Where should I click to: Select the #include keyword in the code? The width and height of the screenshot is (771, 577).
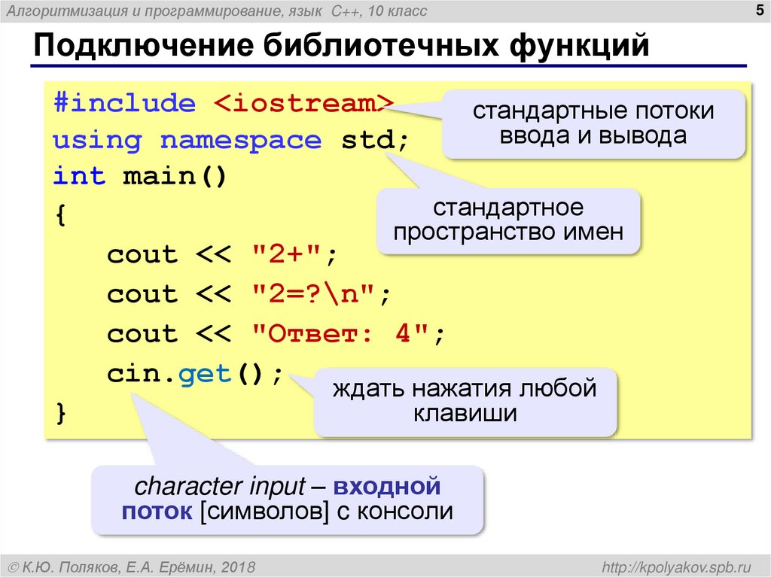[124, 103]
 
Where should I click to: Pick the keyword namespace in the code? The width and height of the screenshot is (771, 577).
[241, 140]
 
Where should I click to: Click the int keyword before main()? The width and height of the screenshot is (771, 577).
[79, 177]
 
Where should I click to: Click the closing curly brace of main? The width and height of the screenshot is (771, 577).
[60, 413]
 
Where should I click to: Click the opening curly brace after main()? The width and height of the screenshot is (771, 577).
[60, 216]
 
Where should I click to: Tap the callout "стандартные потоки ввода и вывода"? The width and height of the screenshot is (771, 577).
[593, 123]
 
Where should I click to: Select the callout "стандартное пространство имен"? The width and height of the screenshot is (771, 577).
[507, 220]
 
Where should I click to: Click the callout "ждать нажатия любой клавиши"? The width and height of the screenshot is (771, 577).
[465, 401]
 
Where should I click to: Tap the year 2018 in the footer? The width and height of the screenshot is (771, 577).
[239, 565]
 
